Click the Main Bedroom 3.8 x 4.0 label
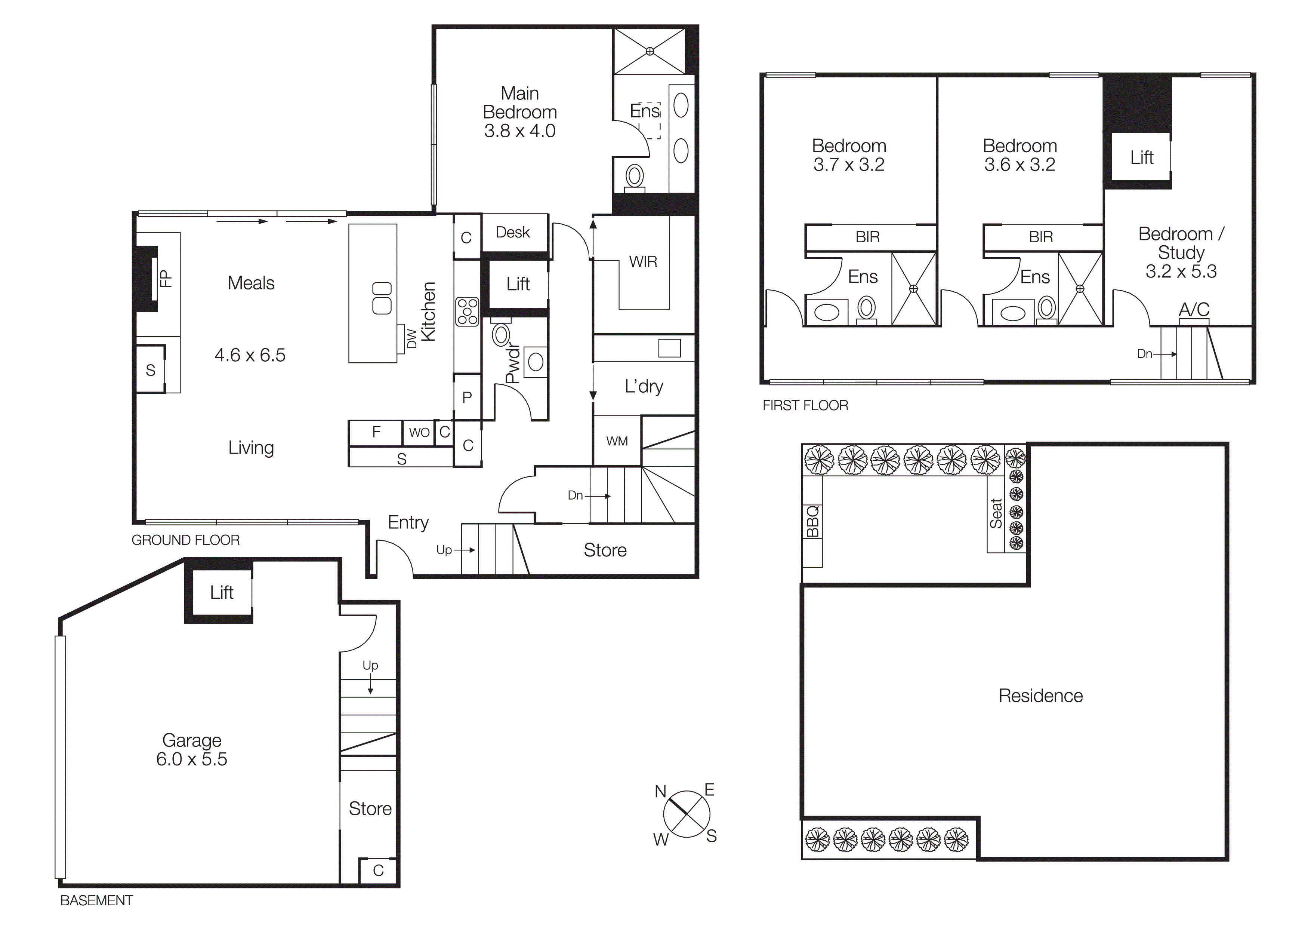(x=519, y=112)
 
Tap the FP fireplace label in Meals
(x=166, y=278)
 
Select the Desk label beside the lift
(x=513, y=233)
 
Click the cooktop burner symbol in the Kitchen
(x=467, y=312)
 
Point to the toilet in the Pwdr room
(x=501, y=335)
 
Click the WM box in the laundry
(x=617, y=441)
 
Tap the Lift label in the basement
(x=222, y=592)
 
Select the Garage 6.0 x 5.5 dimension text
(x=191, y=759)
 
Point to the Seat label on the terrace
(x=996, y=513)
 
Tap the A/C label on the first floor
(x=1194, y=310)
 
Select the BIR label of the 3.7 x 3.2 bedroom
(x=867, y=237)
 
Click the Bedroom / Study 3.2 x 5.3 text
(x=1181, y=252)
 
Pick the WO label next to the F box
(x=419, y=432)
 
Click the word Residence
(x=1040, y=696)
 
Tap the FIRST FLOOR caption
(x=805, y=405)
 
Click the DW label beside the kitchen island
(x=411, y=338)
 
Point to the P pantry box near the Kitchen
(x=467, y=397)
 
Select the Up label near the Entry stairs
(x=444, y=549)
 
